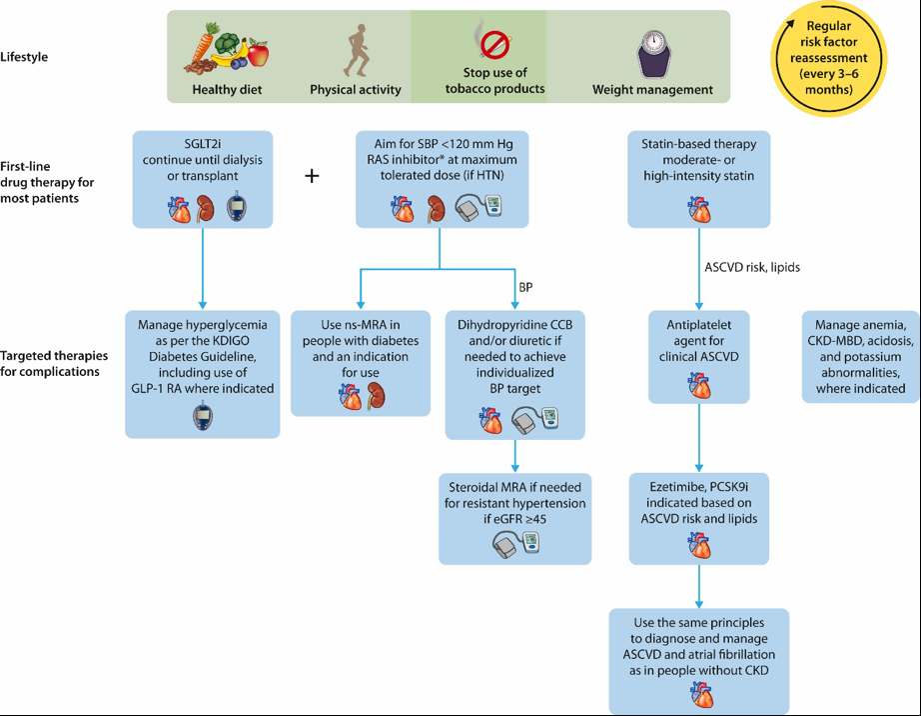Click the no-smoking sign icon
pyautogui.click(x=494, y=45)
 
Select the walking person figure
pyautogui.click(x=357, y=51)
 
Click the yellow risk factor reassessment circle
pyautogui.click(x=828, y=58)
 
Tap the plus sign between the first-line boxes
pyautogui.click(x=312, y=176)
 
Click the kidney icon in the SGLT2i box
pyautogui.click(x=205, y=208)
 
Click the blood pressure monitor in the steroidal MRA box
pyautogui.click(x=515, y=544)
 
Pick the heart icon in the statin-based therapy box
pyautogui.click(x=699, y=209)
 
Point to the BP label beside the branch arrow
pyautogui.click(x=525, y=287)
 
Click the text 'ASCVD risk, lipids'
pyautogui.click(x=752, y=267)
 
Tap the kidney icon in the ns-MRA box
pyautogui.click(x=376, y=396)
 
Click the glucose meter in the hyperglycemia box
pyautogui.click(x=203, y=416)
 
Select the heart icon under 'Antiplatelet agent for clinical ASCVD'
pyautogui.click(x=699, y=386)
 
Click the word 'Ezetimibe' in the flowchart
pyautogui.click(x=672, y=487)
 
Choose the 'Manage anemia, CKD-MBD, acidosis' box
pyautogui.click(x=860, y=357)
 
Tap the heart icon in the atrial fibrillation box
pyautogui.click(x=699, y=694)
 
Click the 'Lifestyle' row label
pyautogui.click(x=24, y=57)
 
